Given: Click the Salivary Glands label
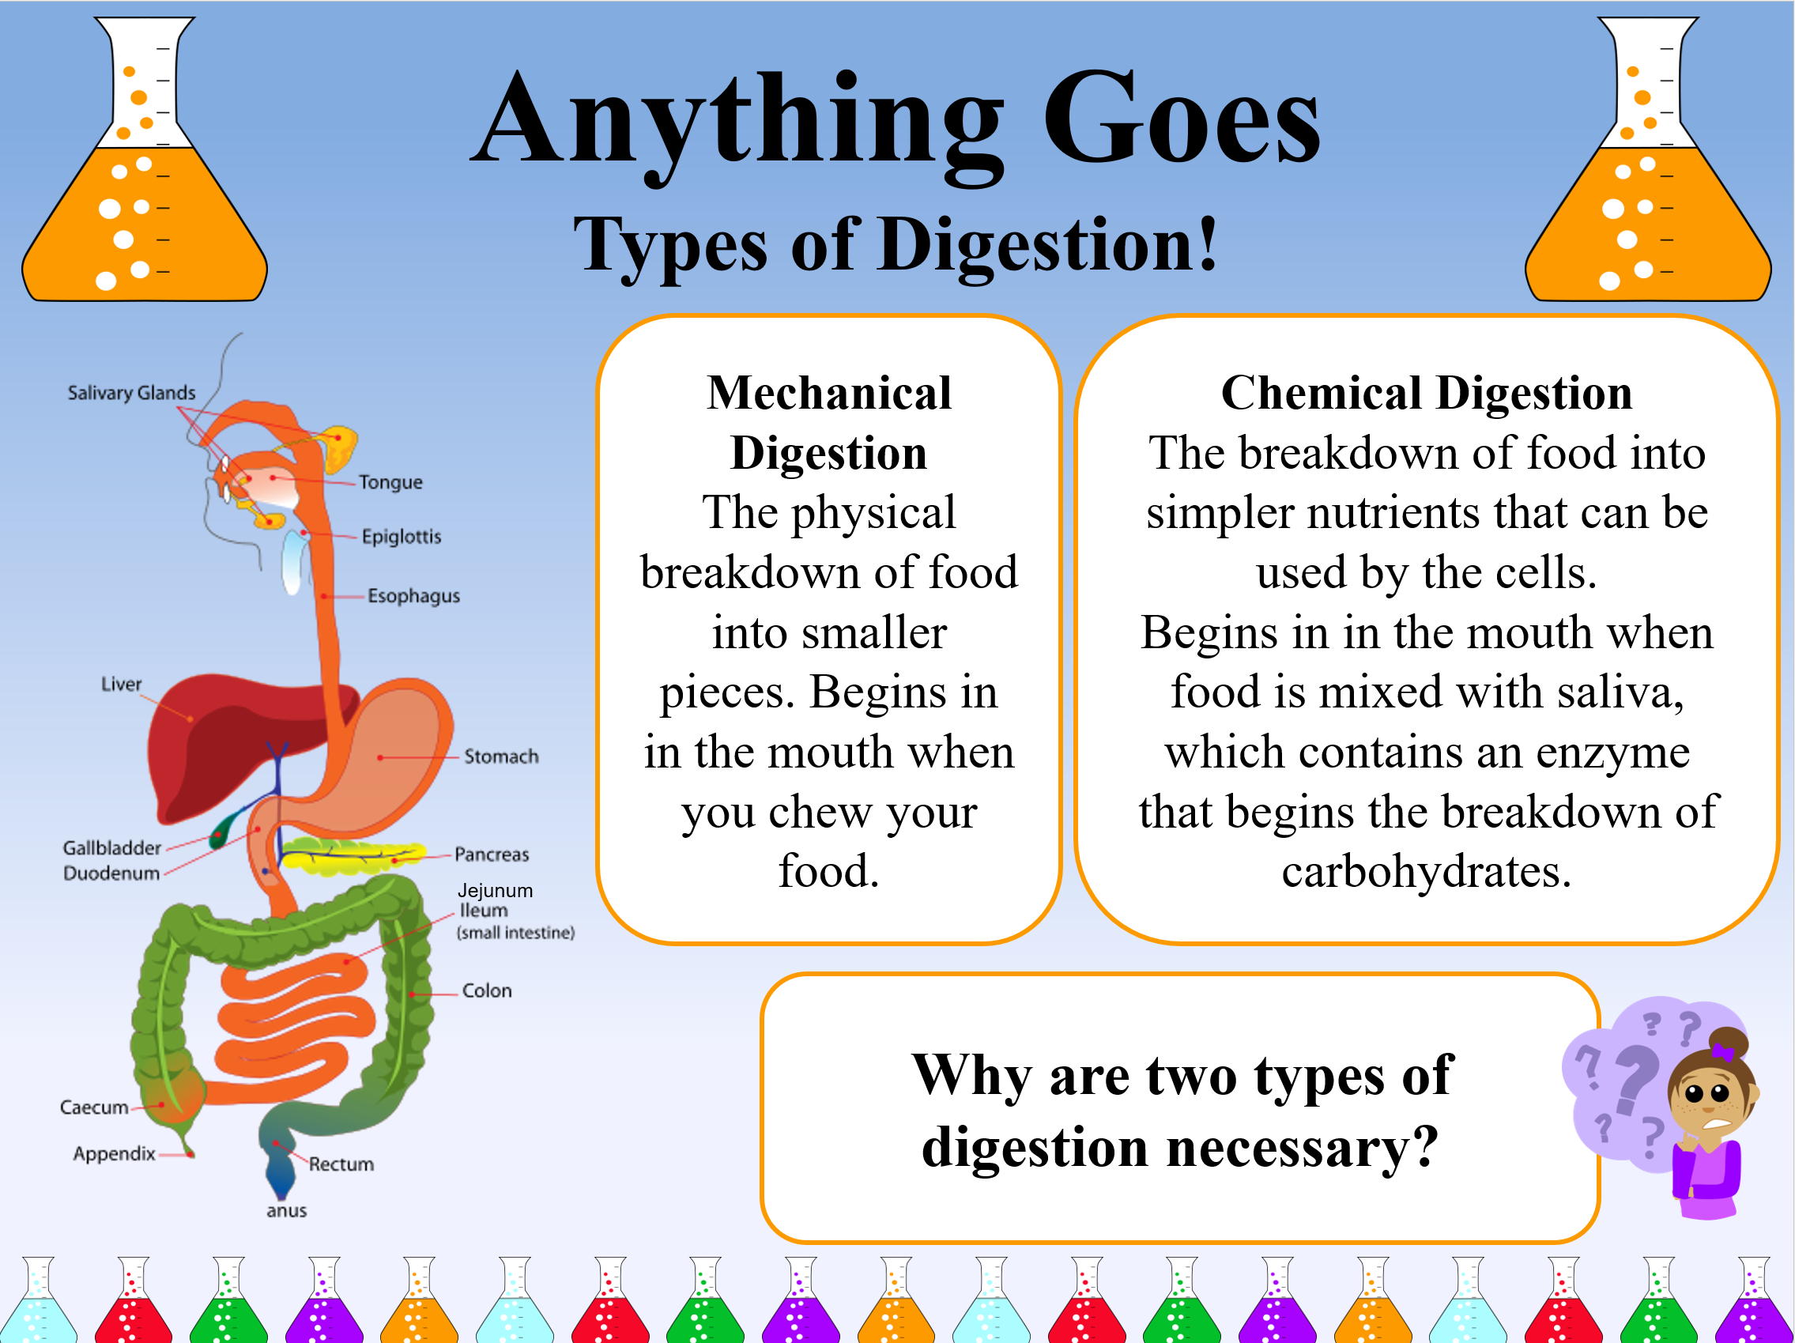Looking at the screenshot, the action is pyautogui.click(x=131, y=393).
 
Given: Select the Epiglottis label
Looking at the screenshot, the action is pyautogui.click(x=402, y=537).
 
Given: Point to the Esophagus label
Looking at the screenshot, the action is pyautogui.click(x=414, y=596).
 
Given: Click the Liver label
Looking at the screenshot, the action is pyautogui.click(x=121, y=684).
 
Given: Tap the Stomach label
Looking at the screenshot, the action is pyautogui.click(x=500, y=756).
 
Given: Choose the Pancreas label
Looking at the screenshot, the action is pyautogui.click(x=491, y=854).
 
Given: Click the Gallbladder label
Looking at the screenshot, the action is pyautogui.click(x=112, y=848).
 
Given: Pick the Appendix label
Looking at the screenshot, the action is pyautogui.click(x=114, y=1154).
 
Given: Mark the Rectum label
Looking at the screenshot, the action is pyautogui.click(x=341, y=1164).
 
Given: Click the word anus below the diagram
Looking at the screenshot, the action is pyautogui.click(x=286, y=1211).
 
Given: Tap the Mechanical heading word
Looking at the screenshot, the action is pyautogui.click(x=828, y=394).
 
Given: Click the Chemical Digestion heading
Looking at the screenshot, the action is pyautogui.click(x=1427, y=394).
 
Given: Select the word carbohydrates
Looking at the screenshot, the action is pyautogui.click(x=1427, y=873).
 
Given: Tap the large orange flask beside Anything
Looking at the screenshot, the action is pyautogui.click(x=145, y=159).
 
